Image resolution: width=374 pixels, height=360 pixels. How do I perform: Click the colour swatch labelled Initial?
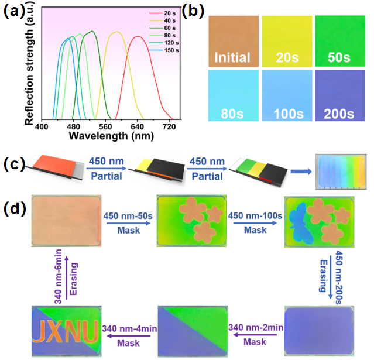(232, 40)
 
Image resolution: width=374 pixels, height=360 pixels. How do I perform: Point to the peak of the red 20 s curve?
(138, 36)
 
